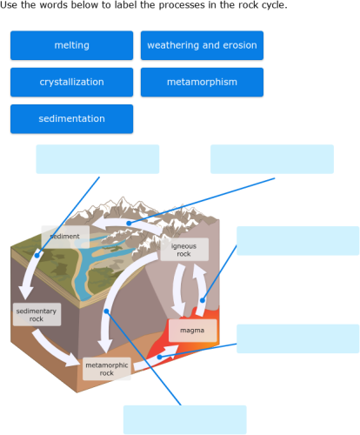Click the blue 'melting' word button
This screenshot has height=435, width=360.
pos(71,45)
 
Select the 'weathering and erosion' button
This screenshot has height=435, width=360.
pos(202,45)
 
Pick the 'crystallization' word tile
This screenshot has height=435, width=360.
pos(71,82)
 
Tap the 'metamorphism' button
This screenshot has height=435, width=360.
pos(202,82)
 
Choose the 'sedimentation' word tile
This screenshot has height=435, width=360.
pos(71,118)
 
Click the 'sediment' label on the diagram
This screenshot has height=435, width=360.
pos(64,237)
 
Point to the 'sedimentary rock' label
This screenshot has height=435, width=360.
pos(37,314)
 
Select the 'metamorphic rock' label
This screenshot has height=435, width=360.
pos(106,369)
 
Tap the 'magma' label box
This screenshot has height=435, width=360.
pos(192,331)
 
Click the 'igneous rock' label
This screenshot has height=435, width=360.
pos(183,250)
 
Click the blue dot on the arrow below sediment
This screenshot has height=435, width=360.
pos(37,255)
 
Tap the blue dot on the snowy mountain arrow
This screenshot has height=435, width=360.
pos(129,223)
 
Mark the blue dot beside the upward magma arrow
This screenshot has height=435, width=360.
pos(203,300)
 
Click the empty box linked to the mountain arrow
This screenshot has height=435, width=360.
pos(271,159)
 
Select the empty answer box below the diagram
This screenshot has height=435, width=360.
pos(184,419)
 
